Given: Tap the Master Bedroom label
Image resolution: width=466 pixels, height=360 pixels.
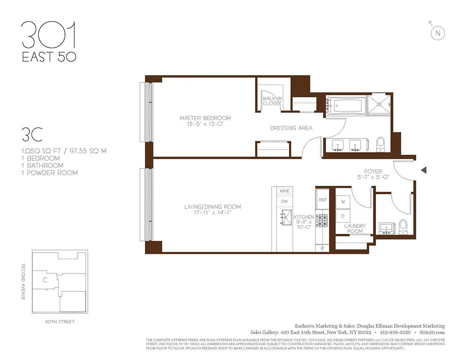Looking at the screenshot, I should (205, 118).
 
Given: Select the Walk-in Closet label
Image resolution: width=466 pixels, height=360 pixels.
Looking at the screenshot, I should (272, 101).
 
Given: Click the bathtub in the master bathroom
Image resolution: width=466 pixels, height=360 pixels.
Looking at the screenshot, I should (344, 105).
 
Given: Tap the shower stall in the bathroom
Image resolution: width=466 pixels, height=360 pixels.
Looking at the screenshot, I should (380, 105).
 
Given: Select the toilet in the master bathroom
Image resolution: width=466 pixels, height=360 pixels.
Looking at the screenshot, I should (381, 144).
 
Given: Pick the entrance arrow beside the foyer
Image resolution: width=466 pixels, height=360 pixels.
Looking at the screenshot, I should (423, 170).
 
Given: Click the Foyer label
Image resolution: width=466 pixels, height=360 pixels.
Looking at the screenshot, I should (373, 171).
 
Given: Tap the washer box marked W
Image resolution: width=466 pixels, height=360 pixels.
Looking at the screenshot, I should (343, 202).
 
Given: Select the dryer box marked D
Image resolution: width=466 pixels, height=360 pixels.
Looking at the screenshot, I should (343, 216).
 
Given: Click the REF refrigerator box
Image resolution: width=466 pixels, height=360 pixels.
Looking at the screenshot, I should (322, 199).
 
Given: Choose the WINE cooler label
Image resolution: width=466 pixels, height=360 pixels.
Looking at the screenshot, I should (284, 191).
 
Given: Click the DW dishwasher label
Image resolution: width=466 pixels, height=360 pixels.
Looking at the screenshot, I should (284, 202).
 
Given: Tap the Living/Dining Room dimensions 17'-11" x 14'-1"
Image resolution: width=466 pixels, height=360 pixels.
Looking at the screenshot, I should (213, 213).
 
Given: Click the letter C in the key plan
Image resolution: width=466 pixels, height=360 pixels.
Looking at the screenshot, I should (45, 280).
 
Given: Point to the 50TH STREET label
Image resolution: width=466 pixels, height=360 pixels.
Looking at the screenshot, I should (60, 322).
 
